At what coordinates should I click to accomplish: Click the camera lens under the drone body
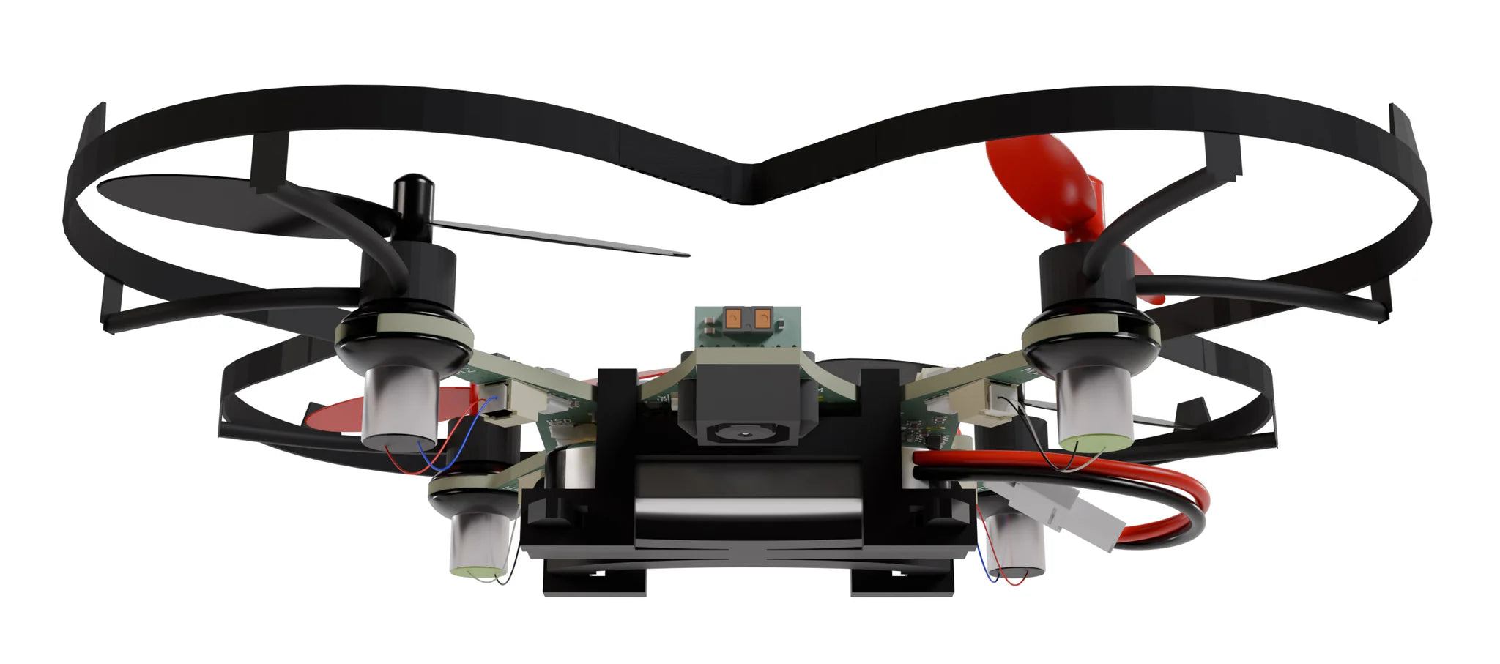(x=745, y=433)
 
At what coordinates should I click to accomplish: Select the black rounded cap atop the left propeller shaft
(x=410, y=192)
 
